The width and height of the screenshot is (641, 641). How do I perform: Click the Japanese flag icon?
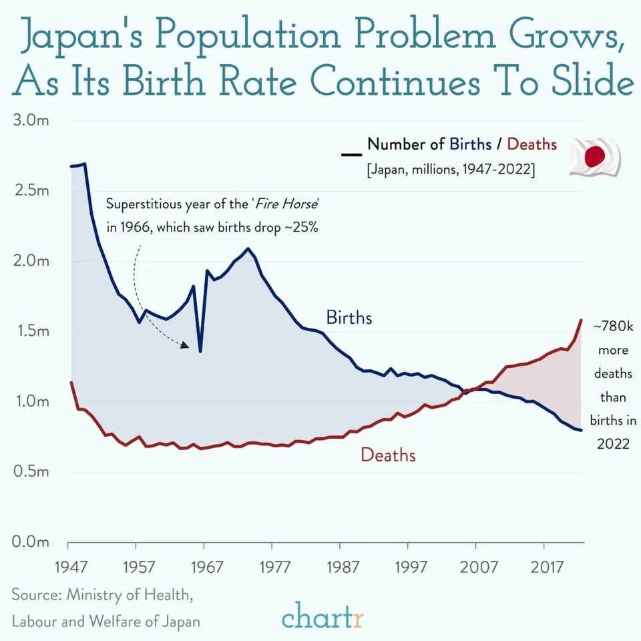click(595, 157)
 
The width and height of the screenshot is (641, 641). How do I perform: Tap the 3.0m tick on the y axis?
click(31, 121)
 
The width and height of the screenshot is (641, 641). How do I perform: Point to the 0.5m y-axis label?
click(31, 471)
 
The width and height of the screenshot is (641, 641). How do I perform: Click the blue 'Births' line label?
click(349, 317)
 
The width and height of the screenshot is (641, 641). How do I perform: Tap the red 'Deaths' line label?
click(388, 455)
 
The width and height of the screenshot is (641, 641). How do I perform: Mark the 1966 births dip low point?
click(200, 351)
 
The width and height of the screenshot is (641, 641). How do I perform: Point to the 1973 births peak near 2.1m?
click(248, 249)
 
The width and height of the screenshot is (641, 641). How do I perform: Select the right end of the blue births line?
click(582, 430)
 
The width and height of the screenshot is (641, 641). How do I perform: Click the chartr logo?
click(323, 615)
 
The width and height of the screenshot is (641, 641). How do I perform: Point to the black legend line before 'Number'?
click(351, 154)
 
